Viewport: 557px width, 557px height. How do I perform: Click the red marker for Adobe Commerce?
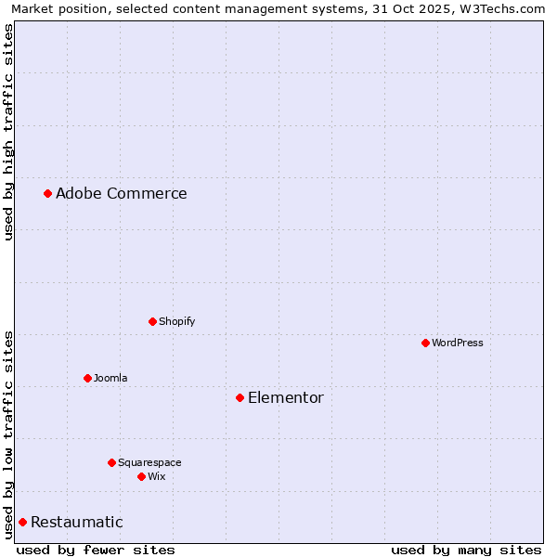(47, 193)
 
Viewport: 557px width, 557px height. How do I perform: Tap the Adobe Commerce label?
(121, 194)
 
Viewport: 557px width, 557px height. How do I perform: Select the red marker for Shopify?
(152, 321)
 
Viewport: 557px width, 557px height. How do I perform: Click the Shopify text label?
(176, 322)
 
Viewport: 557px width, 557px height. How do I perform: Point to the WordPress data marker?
(425, 343)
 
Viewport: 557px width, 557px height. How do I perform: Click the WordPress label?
(457, 343)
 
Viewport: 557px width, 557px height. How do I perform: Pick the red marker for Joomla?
(87, 378)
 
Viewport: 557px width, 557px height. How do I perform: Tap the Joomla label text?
(110, 379)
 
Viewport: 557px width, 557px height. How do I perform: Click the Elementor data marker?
(240, 397)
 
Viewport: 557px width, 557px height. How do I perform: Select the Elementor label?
(285, 398)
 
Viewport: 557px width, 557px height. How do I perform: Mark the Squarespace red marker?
(111, 462)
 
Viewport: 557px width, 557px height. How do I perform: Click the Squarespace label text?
(149, 463)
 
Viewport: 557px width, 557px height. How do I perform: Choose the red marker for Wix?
(141, 476)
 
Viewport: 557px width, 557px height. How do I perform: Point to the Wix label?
(156, 477)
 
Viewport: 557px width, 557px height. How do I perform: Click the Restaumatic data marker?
(22, 522)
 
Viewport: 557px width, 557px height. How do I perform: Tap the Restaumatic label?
(76, 523)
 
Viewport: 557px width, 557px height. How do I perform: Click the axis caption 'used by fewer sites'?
(96, 550)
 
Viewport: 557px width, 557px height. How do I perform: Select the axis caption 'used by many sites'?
(466, 550)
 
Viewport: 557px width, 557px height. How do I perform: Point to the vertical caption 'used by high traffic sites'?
(9, 132)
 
